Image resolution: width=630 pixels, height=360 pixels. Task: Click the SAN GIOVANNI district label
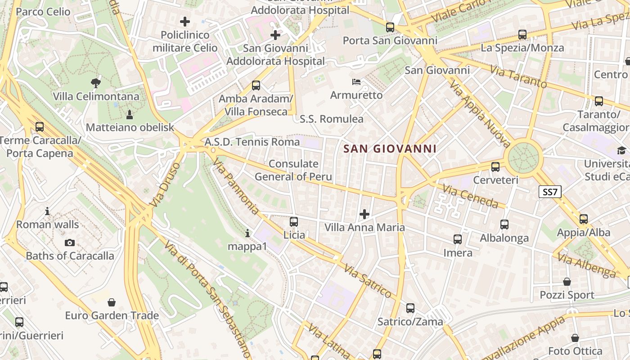390,148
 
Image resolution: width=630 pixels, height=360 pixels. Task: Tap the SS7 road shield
550,192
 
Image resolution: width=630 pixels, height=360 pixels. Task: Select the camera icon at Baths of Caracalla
70,243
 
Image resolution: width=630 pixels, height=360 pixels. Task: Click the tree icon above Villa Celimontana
95,82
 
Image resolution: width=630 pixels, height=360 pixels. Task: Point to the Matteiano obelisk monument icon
130,114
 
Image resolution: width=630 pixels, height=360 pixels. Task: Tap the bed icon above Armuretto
356,82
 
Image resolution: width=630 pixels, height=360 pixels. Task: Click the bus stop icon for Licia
294,221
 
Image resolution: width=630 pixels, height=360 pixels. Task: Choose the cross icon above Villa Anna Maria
364,214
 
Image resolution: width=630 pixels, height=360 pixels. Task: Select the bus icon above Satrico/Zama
410,308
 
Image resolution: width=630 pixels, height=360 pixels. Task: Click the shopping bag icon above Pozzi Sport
567,282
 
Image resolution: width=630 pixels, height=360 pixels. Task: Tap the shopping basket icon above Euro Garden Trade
112,302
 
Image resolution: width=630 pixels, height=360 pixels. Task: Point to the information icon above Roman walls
47,211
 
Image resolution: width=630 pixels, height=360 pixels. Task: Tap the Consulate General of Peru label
293,170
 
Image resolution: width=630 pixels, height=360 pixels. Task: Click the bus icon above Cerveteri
495,166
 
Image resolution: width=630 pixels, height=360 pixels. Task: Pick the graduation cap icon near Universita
621,150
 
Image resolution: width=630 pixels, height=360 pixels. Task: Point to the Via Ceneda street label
470,196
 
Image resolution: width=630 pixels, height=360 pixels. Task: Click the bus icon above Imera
458,239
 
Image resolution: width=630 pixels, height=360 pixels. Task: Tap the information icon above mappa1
247,233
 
